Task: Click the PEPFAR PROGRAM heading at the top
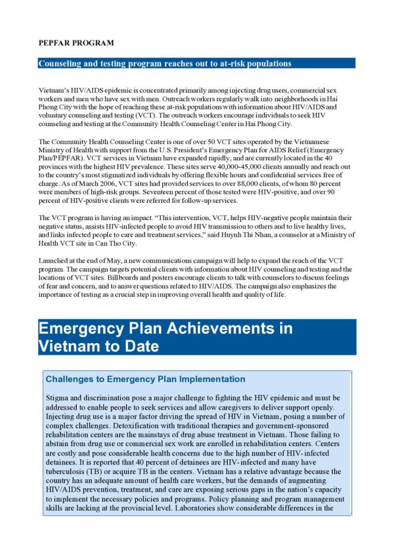pos(76,43)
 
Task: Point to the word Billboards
pos(148,278)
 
